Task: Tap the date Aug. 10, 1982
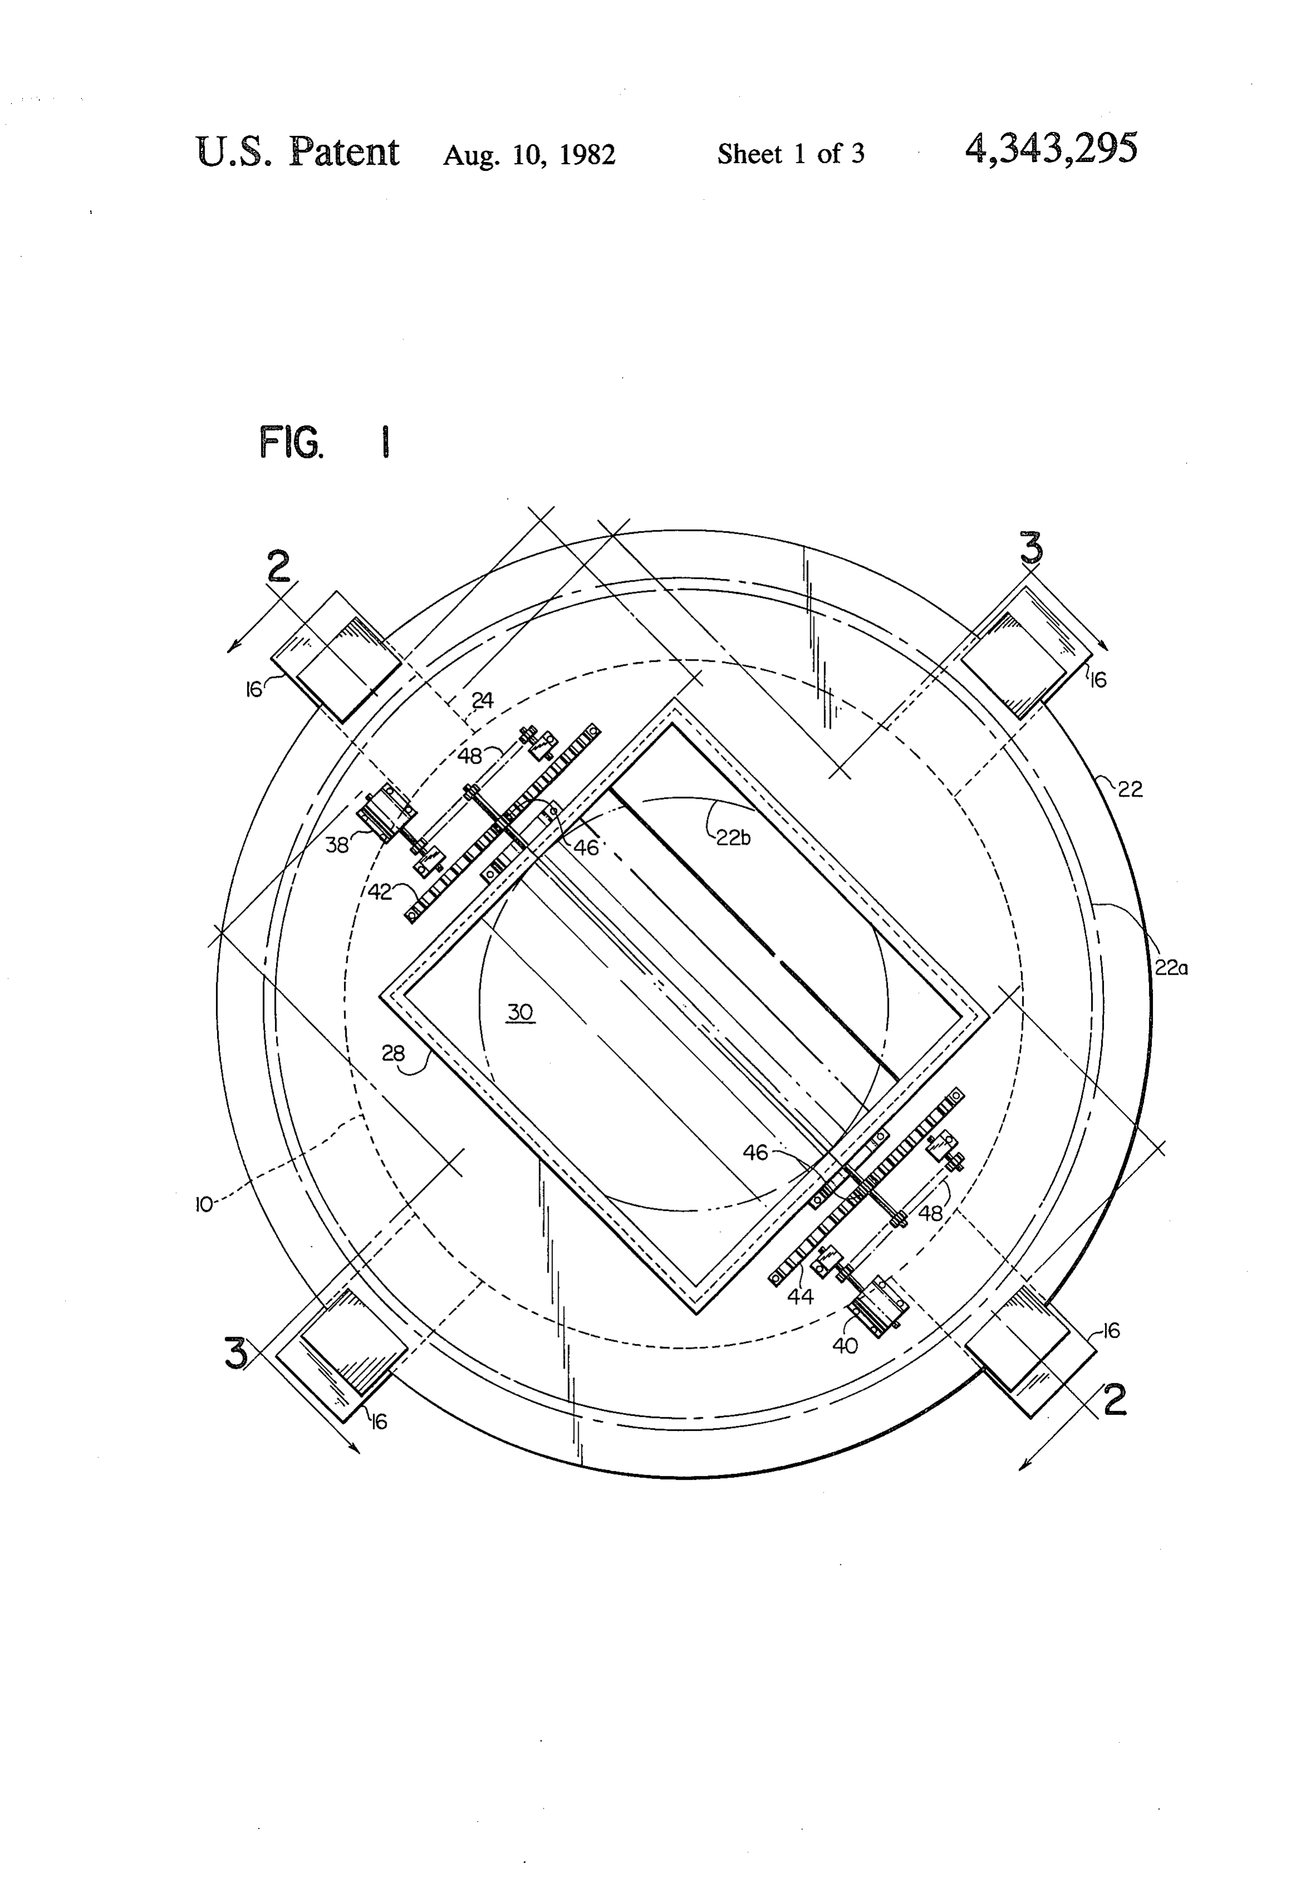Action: coord(529,154)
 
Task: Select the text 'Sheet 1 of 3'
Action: coord(791,154)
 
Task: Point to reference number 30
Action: coord(521,1012)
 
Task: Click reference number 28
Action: coord(393,1054)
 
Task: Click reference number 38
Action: coord(337,845)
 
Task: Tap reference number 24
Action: coord(482,700)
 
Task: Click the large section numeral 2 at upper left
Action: coord(279,567)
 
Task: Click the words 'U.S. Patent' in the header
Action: coord(298,152)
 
